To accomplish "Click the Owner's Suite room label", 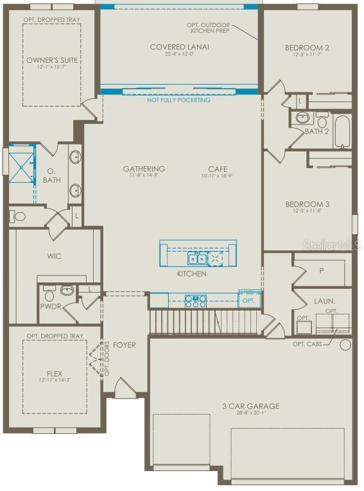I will [x=52, y=60].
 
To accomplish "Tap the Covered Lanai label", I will [x=179, y=47].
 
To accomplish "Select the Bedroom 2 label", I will [x=307, y=47].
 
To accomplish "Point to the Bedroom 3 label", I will [x=307, y=204].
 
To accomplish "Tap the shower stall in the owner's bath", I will [x=21, y=164].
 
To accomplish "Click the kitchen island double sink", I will [x=196, y=259].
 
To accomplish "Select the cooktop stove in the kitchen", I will [x=195, y=300].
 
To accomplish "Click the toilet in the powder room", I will [x=49, y=294].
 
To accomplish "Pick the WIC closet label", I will [x=55, y=256].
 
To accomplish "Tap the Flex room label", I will [x=54, y=372].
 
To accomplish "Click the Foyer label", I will [x=125, y=345].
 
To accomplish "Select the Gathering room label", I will [x=144, y=169].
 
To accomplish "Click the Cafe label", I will [x=218, y=169].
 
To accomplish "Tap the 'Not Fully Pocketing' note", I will [x=178, y=100].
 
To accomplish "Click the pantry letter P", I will [x=321, y=271].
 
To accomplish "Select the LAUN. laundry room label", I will [x=324, y=300].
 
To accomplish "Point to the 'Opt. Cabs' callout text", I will [x=308, y=344].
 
